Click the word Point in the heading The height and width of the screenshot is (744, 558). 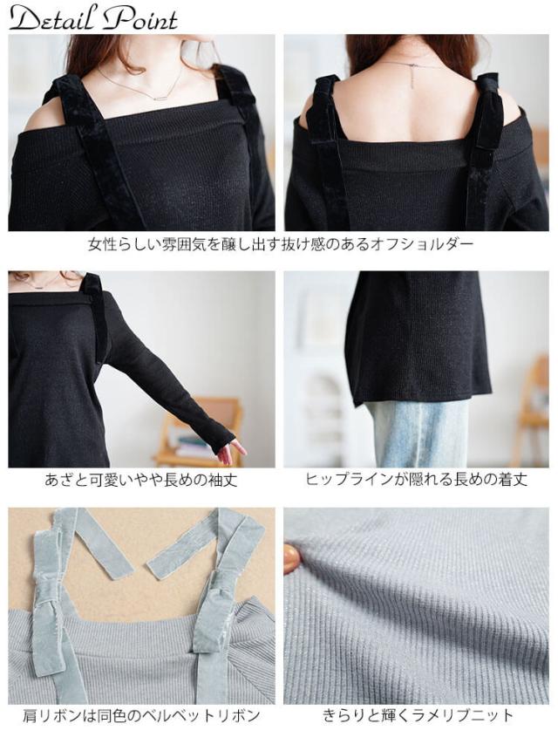[140, 17]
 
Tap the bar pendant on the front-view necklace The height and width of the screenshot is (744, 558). [163, 97]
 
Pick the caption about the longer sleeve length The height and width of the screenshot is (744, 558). [140, 480]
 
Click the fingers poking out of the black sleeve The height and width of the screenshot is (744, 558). [230, 450]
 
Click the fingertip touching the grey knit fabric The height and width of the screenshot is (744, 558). [291, 558]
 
